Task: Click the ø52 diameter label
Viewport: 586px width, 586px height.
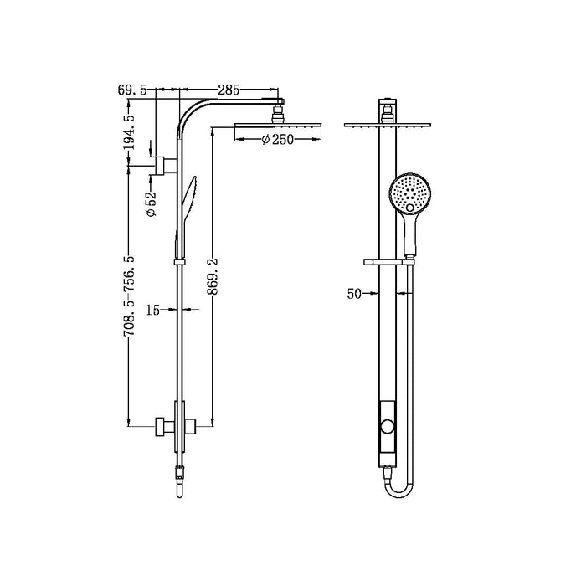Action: (x=152, y=204)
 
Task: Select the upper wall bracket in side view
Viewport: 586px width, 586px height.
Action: (x=162, y=163)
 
